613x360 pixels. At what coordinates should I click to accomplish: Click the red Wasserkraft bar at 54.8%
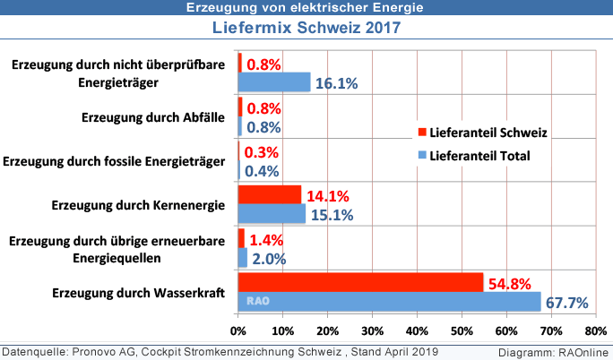pyautogui.click(x=360, y=281)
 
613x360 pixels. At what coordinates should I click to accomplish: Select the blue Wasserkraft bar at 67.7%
pyautogui.click(x=389, y=301)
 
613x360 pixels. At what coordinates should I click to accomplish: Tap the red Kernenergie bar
pyautogui.click(x=269, y=194)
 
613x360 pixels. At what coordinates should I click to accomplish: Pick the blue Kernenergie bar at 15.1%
pyautogui.click(x=272, y=213)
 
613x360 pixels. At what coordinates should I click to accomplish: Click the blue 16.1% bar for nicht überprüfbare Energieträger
pyautogui.click(x=273, y=82)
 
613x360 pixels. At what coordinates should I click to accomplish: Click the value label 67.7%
pyautogui.click(x=566, y=303)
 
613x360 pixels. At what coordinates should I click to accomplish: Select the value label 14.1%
pyautogui.click(x=327, y=195)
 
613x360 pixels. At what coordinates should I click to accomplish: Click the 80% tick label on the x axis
pyautogui.click(x=596, y=330)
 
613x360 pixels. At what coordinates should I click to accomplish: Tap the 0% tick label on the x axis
pyautogui.click(x=237, y=330)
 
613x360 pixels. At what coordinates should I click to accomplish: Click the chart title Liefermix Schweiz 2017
pyautogui.click(x=306, y=27)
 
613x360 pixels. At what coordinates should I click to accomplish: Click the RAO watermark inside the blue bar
pyautogui.click(x=260, y=302)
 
